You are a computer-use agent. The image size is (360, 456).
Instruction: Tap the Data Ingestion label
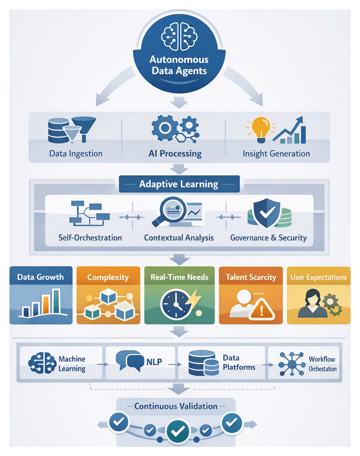[x=76, y=154]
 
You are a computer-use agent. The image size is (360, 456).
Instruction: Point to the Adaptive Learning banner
[x=179, y=185]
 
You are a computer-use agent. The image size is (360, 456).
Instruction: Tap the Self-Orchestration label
[x=90, y=238]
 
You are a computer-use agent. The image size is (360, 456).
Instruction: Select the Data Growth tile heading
[x=40, y=277]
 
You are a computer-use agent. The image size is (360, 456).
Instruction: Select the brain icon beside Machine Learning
[x=42, y=363]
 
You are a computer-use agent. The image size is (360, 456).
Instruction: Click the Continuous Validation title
[x=176, y=406]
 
